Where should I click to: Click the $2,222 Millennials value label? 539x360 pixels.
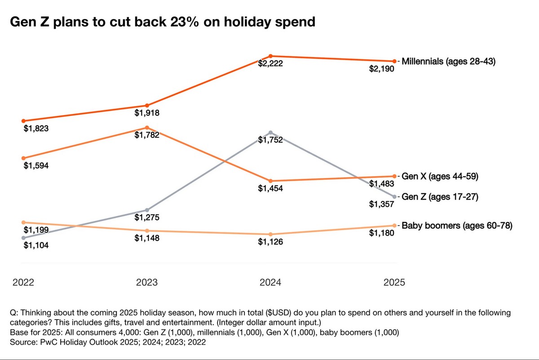point(270,64)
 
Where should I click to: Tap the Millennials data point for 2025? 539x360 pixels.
point(394,61)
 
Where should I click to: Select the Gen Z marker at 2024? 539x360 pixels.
point(270,133)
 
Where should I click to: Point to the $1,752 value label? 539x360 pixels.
point(270,140)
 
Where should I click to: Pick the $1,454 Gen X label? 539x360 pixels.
point(270,189)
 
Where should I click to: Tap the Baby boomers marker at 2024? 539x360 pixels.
point(270,235)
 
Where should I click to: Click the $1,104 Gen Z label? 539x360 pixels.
point(36,245)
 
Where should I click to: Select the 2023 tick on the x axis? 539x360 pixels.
point(147,282)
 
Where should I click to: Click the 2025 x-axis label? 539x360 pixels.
point(394,282)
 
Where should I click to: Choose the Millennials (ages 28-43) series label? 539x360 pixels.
point(448,61)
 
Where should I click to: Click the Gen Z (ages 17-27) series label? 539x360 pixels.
point(440,197)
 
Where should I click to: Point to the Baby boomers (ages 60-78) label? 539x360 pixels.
point(457,226)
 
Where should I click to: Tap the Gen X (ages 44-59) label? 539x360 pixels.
point(440,177)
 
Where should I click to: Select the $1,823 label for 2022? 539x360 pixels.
point(36,129)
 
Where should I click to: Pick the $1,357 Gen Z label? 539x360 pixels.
point(381,204)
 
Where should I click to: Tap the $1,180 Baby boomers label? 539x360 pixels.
point(381,233)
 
